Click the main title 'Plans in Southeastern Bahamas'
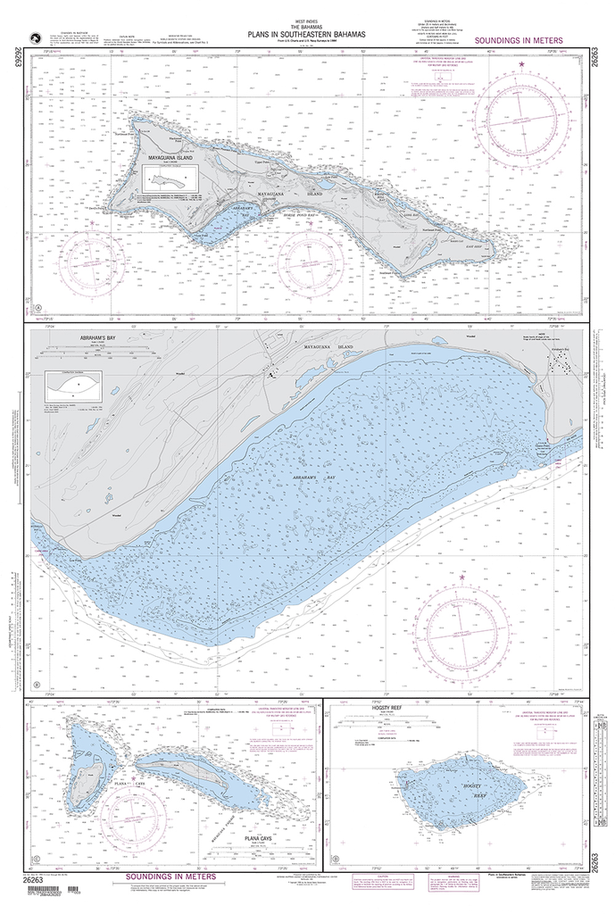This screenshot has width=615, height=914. click(x=299, y=37)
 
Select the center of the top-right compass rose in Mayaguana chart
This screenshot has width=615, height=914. click(x=521, y=119)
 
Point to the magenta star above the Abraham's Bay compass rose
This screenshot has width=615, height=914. click(x=461, y=578)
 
